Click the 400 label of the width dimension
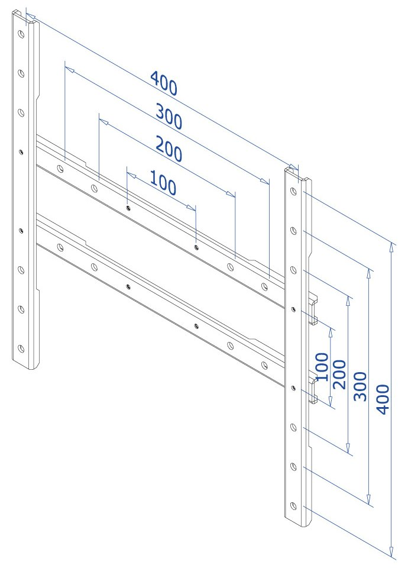tap(164, 83)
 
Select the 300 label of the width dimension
tap(169, 117)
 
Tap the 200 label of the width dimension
tap(169, 148)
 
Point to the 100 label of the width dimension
tap(163, 183)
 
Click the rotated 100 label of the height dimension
tap(322, 367)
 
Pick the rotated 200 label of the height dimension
tap(339, 374)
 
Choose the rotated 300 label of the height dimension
tap(360, 386)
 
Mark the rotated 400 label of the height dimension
tap(383, 399)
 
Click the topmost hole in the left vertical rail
tap(21, 35)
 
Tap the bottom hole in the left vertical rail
tap(21, 348)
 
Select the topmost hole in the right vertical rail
tap(294, 191)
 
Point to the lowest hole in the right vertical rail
tap(294, 506)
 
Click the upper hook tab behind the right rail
tap(313, 309)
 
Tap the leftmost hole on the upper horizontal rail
tap(60, 168)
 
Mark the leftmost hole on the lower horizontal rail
tap(60, 247)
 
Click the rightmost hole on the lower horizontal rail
tap(265, 365)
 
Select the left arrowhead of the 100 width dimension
tap(131, 176)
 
